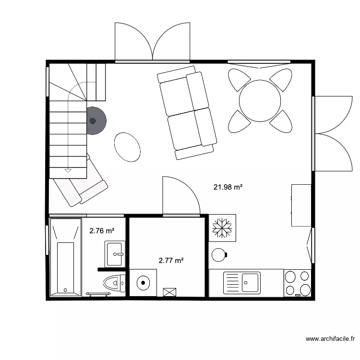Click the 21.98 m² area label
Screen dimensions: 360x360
(x=228, y=187)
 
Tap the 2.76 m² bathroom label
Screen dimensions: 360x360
(x=102, y=231)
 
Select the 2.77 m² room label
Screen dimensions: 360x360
(x=171, y=261)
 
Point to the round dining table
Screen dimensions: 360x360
(x=260, y=101)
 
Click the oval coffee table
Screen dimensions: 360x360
(x=127, y=146)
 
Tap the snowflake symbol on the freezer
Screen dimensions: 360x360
(x=222, y=228)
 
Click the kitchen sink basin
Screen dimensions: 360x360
(x=251, y=282)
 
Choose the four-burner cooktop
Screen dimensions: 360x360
(x=298, y=283)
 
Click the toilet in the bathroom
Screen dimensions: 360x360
(x=113, y=282)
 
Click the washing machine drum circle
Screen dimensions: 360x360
(x=143, y=283)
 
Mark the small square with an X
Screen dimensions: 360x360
(x=170, y=292)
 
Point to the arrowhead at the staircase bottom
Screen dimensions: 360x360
(x=68, y=170)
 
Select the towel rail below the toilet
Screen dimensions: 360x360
(x=98, y=293)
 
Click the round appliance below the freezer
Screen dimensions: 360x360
(x=219, y=254)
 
